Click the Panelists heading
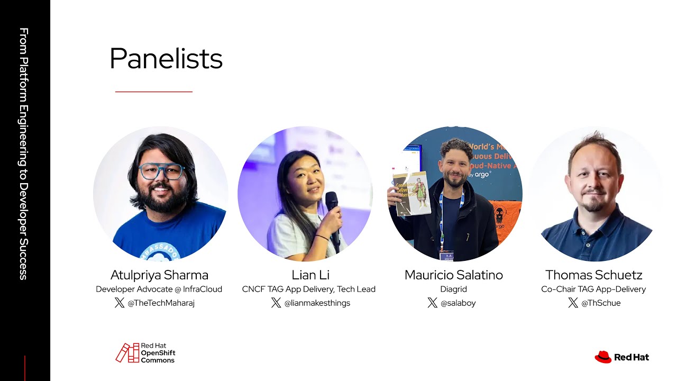point(166,59)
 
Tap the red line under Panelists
point(153,92)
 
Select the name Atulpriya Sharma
point(159,275)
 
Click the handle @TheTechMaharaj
point(161,303)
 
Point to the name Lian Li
point(310,275)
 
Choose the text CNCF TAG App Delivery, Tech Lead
point(309,289)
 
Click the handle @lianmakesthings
point(317,303)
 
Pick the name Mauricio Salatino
point(453,275)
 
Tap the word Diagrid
point(453,289)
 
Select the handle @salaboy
point(458,303)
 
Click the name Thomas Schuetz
point(593,275)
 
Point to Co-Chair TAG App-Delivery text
point(593,289)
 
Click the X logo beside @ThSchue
point(573,303)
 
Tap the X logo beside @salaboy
point(433,303)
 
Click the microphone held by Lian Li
point(332,212)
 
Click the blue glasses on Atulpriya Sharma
point(161,171)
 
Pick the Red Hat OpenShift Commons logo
point(145,353)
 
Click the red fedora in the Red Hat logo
point(603,357)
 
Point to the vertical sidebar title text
point(24,153)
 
